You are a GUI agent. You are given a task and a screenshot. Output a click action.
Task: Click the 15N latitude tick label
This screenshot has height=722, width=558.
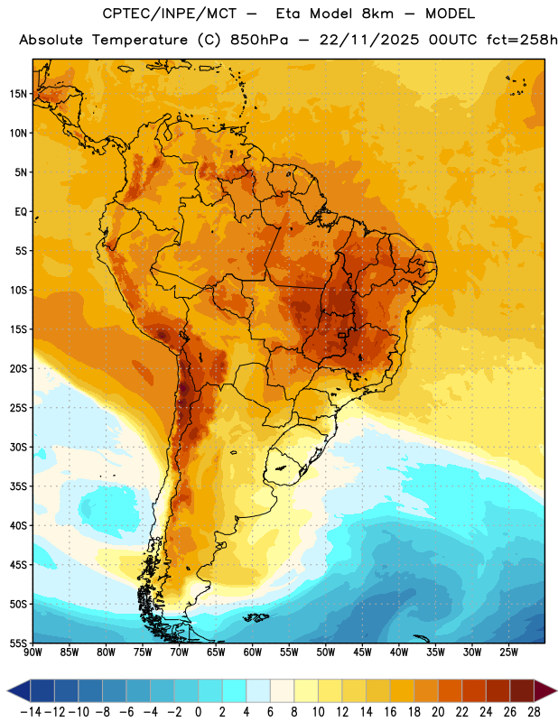point(18,94)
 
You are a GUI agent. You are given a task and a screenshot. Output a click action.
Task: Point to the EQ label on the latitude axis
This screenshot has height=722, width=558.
point(21,212)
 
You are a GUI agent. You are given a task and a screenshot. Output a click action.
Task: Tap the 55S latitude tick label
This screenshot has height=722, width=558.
point(18,643)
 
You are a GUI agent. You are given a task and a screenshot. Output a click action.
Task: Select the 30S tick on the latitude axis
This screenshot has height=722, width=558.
point(18,447)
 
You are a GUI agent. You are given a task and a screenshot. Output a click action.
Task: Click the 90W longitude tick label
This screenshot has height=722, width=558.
point(33,653)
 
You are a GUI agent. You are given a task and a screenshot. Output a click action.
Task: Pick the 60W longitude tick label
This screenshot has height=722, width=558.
point(253,653)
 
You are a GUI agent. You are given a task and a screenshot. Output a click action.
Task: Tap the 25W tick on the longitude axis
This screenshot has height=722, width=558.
point(509,653)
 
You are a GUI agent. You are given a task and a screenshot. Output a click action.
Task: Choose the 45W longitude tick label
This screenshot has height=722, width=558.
point(363,653)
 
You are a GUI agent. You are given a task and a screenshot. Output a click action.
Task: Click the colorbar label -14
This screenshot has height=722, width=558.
point(31,712)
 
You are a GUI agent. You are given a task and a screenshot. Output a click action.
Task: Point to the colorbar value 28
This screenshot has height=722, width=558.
point(534,712)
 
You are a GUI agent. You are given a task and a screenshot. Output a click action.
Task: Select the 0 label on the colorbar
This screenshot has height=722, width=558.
point(199,712)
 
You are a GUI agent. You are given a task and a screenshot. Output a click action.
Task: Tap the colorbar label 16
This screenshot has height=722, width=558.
point(390,712)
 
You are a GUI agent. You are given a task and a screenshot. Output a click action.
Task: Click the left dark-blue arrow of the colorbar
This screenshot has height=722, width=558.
point(19,690)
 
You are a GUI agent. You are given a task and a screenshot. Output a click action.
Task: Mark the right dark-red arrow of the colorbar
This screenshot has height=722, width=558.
point(545,690)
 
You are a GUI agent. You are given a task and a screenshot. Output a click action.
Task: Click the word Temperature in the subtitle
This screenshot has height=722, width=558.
point(140,40)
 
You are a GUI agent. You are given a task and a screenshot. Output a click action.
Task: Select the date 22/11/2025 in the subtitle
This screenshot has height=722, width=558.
point(369,40)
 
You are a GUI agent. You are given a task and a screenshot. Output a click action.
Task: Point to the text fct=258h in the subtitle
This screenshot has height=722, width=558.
point(522,40)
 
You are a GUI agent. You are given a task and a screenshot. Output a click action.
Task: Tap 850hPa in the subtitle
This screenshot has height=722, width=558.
point(259,40)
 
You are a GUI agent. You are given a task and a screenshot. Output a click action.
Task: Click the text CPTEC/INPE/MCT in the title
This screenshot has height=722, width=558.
point(170,14)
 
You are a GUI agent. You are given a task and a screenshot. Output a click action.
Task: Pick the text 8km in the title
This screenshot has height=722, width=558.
point(377,14)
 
